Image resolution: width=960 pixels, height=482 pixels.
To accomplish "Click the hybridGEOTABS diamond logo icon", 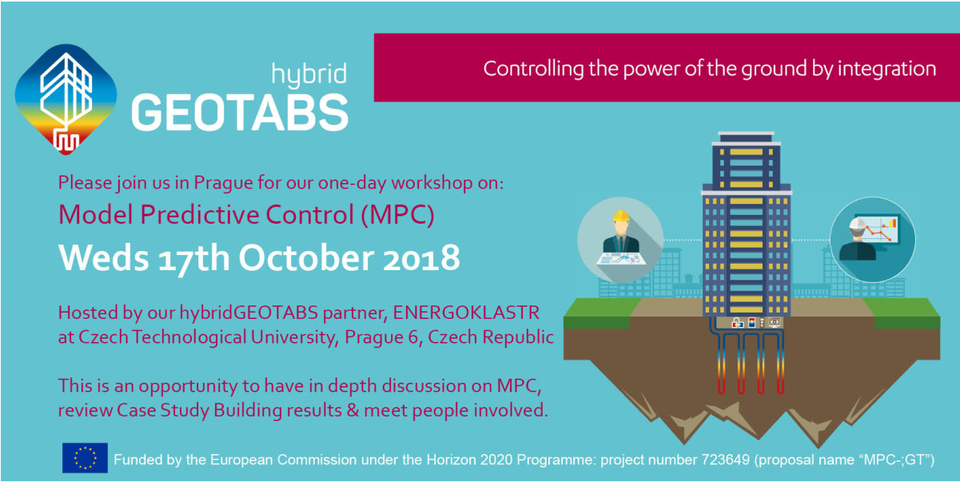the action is tap(66, 99).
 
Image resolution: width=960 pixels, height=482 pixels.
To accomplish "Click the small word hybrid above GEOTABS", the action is tap(309, 74).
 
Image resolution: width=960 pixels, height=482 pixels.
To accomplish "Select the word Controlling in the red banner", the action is tap(533, 69).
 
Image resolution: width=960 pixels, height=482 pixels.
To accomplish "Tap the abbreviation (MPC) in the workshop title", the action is tap(398, 215).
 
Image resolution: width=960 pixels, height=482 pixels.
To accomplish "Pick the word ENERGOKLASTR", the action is tap(466, 313).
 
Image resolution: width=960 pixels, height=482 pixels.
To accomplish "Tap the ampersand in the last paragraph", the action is tap(353, 410).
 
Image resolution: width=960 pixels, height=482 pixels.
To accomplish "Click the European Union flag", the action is tap(85, 457).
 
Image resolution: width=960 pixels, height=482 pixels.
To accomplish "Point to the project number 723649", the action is tap(725, 460).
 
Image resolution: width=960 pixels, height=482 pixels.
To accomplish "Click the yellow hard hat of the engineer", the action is tap(621, 216).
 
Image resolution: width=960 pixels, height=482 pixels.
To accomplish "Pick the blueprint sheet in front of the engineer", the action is tap(621, 259).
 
